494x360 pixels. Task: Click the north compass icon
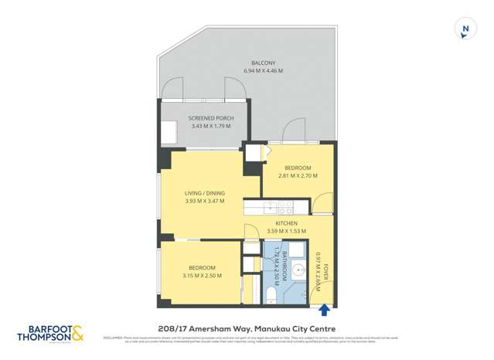(465, 29)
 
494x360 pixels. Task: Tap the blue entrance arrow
(324, 310)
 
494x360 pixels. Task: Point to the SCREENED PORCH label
(210, 118)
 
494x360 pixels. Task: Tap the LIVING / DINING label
(204, 193)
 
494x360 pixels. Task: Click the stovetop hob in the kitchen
(284, 207)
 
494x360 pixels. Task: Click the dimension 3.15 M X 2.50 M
(202, 276)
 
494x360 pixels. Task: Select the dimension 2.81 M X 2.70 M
(298, 176)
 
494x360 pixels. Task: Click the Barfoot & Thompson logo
(51, 332)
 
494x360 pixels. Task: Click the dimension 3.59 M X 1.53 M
(286, 231)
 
